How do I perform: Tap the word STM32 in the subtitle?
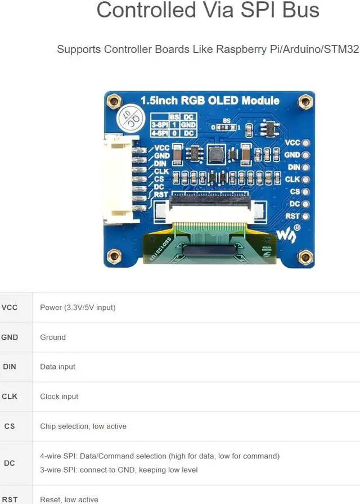click(x=341, y=49)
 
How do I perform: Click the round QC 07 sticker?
click(x=129, y=120)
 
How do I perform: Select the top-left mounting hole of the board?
click(x=114, y=102)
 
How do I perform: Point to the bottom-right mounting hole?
click(x=305, y=257)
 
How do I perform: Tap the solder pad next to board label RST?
click(x=305, y=216)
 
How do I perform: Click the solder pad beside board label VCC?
click(x=305, y=143)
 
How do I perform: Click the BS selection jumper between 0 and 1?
click(x=227, y=127)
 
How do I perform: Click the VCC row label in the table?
click(x=10, y=307)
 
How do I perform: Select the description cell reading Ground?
click(x=53, y=337)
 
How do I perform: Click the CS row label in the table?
click(x=10, y=426)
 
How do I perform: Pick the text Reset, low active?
click(x=69, y=499)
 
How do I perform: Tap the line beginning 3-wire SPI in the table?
click(x=119, y=470)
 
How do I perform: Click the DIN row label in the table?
click(x=10, y=366)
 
